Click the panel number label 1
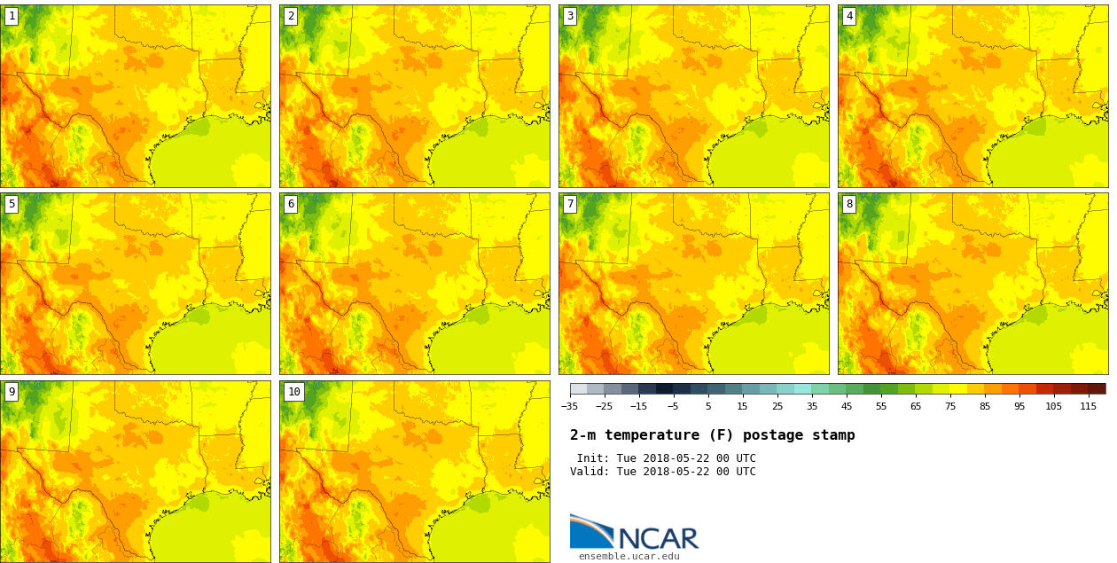coord(12,16)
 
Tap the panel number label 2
coord(291,16)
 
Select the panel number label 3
coord(570,16)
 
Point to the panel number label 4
coord(849,16)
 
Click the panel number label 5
coord(12,204)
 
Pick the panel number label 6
coord(291,204)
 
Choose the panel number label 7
coord(570,204)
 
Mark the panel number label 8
coord(849,204)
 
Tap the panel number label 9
coord(12,392)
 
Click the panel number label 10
coord(293,392)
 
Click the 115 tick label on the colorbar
coord(1088,407)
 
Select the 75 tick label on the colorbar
coord(950,407)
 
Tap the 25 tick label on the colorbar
coord(777,407)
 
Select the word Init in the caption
coord(592,458)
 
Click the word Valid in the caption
coord(589,472)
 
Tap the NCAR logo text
coord(658,538)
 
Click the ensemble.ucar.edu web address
coord(629,557)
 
